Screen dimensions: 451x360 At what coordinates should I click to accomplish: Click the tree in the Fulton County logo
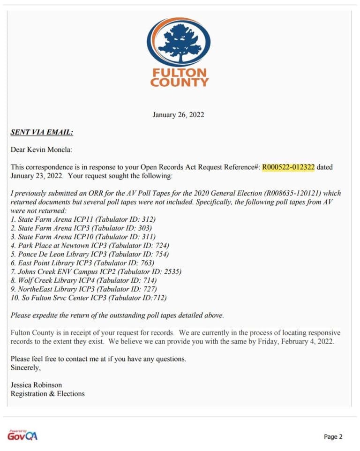click(178, 41)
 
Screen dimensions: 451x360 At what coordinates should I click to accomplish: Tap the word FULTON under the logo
click(179, 73)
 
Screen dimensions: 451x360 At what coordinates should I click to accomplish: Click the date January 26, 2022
click(178, 115)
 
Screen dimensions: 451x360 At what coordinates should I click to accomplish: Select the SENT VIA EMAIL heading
click(42, 132)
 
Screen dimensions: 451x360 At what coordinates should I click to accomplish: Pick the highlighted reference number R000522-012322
click(288, 167)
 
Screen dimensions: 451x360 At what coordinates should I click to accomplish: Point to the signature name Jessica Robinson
click(36, 385)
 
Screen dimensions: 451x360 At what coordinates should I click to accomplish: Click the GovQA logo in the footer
click(22, 435)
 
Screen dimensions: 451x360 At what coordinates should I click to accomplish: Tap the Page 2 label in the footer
click(333, 437)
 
